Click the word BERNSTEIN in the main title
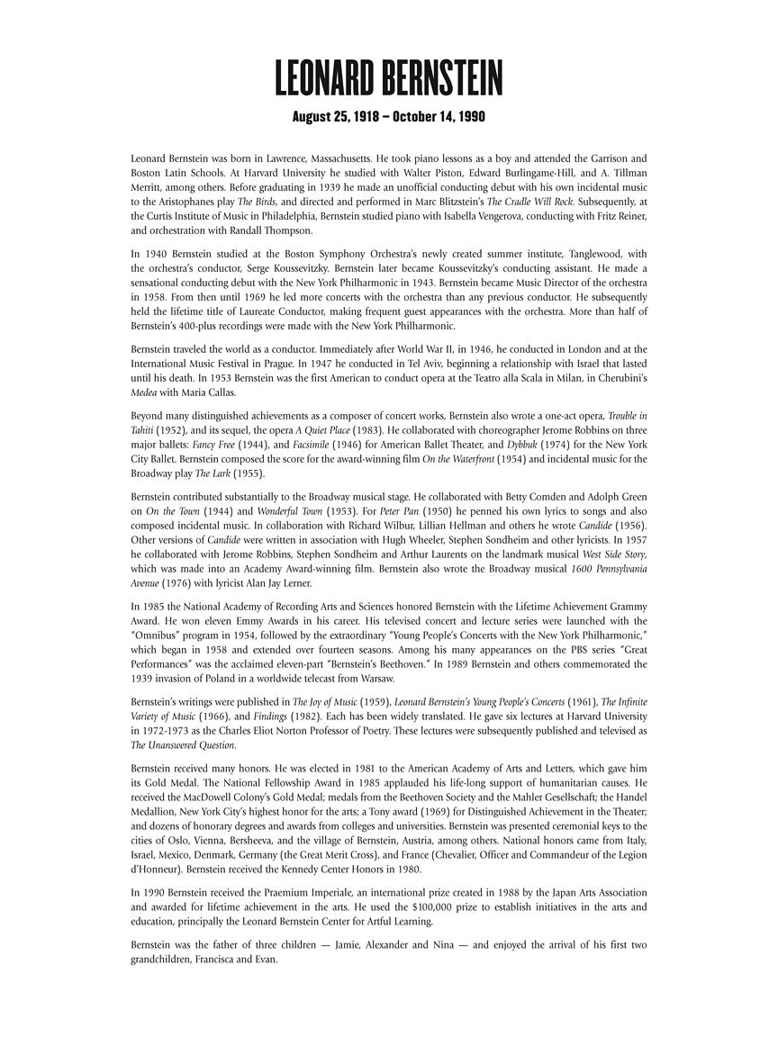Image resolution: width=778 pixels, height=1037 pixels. (x=440, y=78)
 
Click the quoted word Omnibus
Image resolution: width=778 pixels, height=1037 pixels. (x=160, y=636)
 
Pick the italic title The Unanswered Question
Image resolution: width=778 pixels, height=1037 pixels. (x=185, y=744)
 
